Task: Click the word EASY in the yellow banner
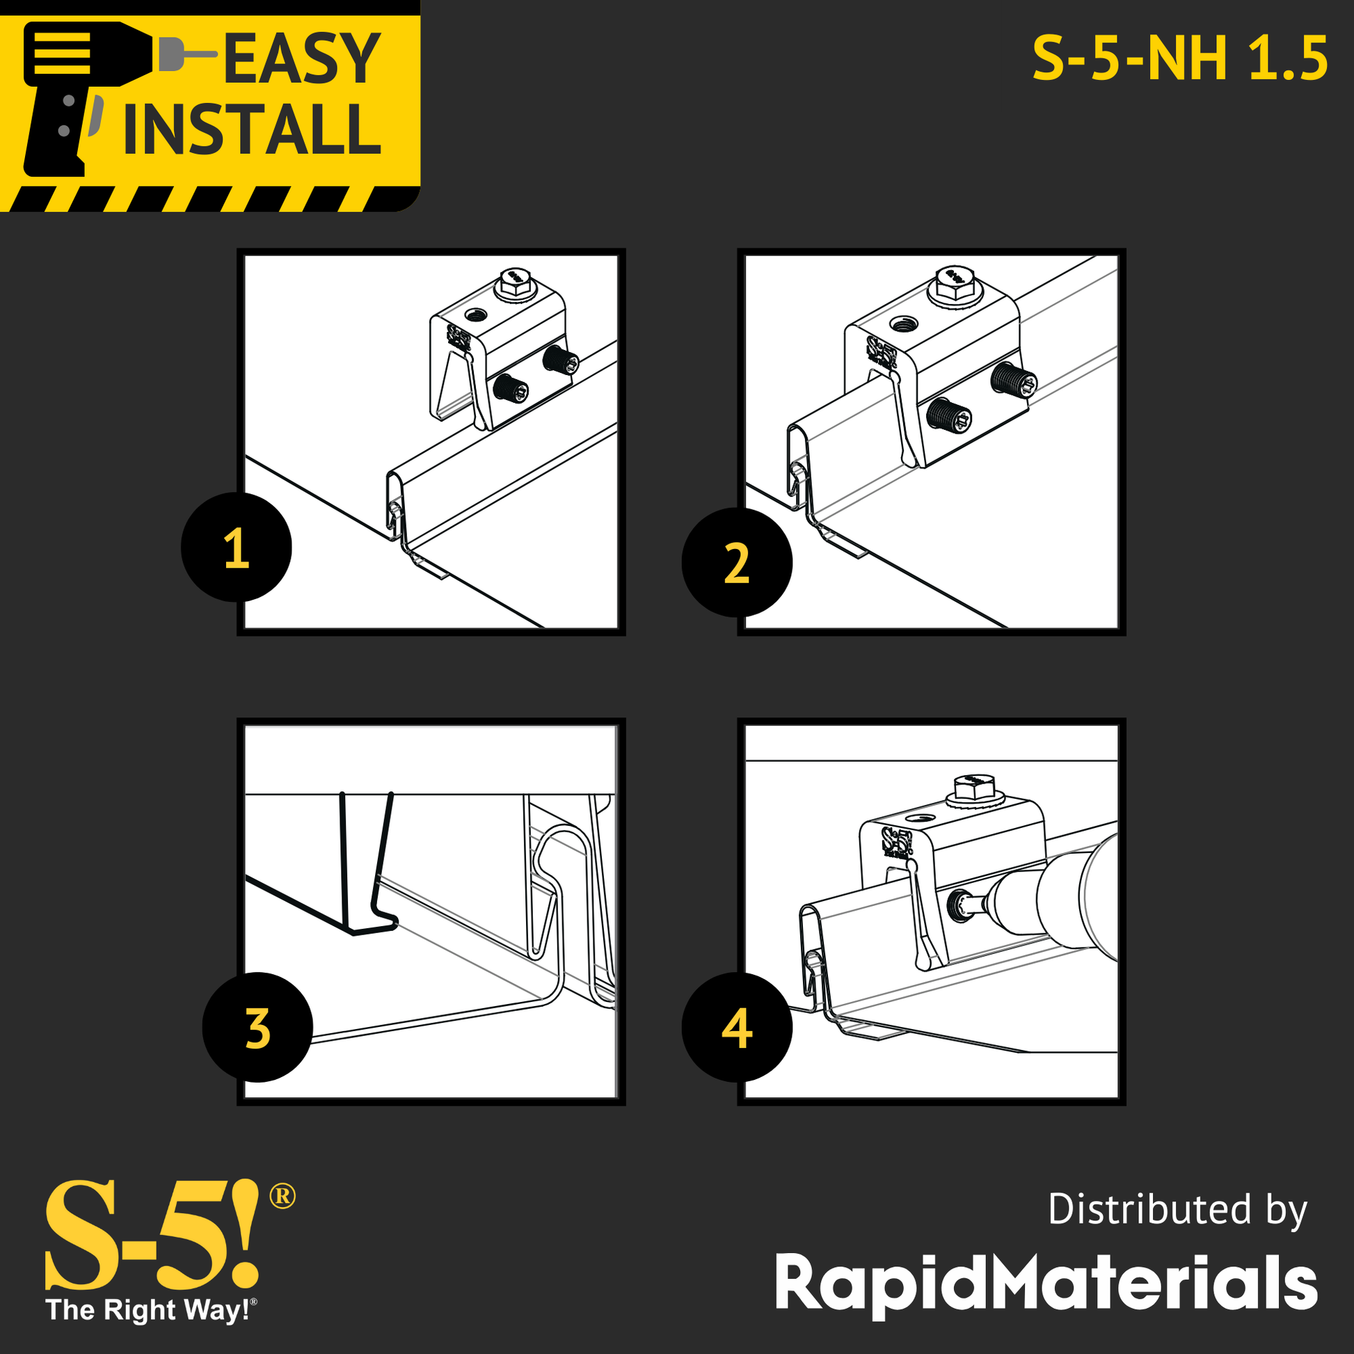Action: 302,60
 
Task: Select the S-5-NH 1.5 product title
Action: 1180,59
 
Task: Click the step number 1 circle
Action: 236,548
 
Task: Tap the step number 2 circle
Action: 737,563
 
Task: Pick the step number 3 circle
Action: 257,1028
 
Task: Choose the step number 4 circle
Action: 737,1028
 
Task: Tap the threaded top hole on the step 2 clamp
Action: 903,324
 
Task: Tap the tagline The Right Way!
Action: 152,1310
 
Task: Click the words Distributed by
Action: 1177,1211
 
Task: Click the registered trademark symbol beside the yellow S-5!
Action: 282,1195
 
